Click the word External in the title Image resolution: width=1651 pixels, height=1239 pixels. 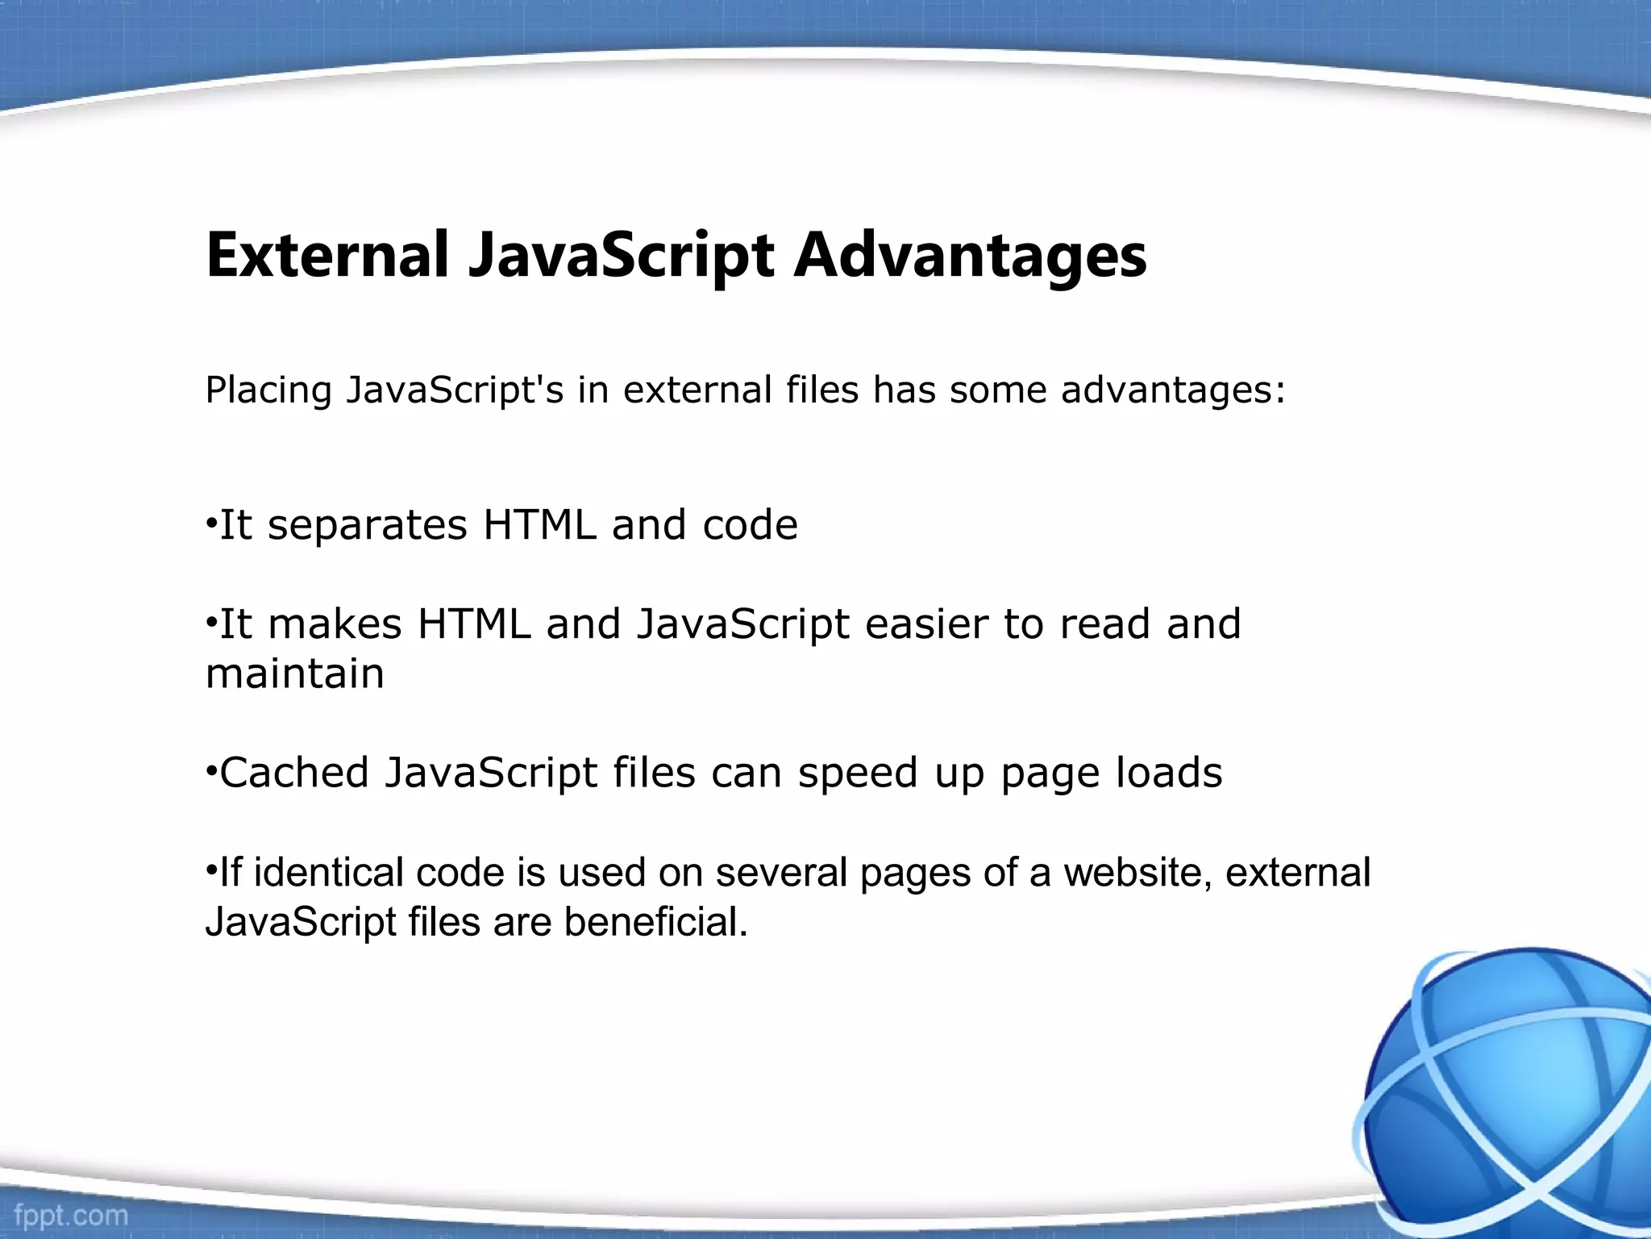(326, 256)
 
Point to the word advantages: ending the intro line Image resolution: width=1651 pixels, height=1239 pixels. (1173, 390)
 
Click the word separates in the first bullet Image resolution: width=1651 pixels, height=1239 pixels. (367, 526)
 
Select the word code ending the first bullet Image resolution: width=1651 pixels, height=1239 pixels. (750, 526)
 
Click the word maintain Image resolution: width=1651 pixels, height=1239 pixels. (295, 674)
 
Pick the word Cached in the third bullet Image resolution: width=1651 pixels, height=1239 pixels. (294, 773)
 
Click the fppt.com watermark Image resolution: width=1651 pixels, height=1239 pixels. (71, 1215)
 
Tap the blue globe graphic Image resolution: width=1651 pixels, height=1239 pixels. (1508, 1089)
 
